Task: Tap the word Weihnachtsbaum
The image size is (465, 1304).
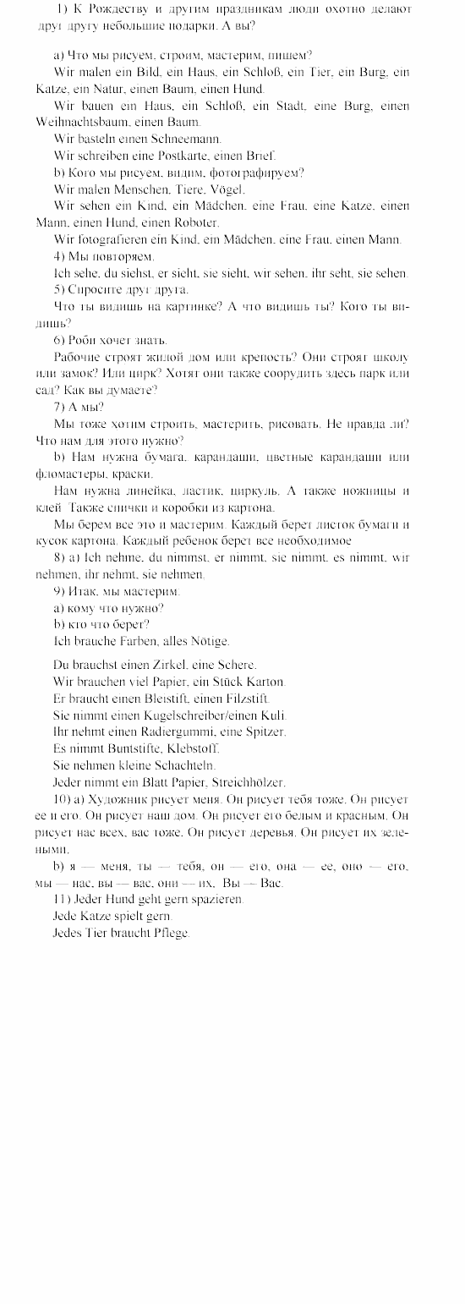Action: coord(71,122)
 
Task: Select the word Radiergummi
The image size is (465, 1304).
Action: coord(167,731)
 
